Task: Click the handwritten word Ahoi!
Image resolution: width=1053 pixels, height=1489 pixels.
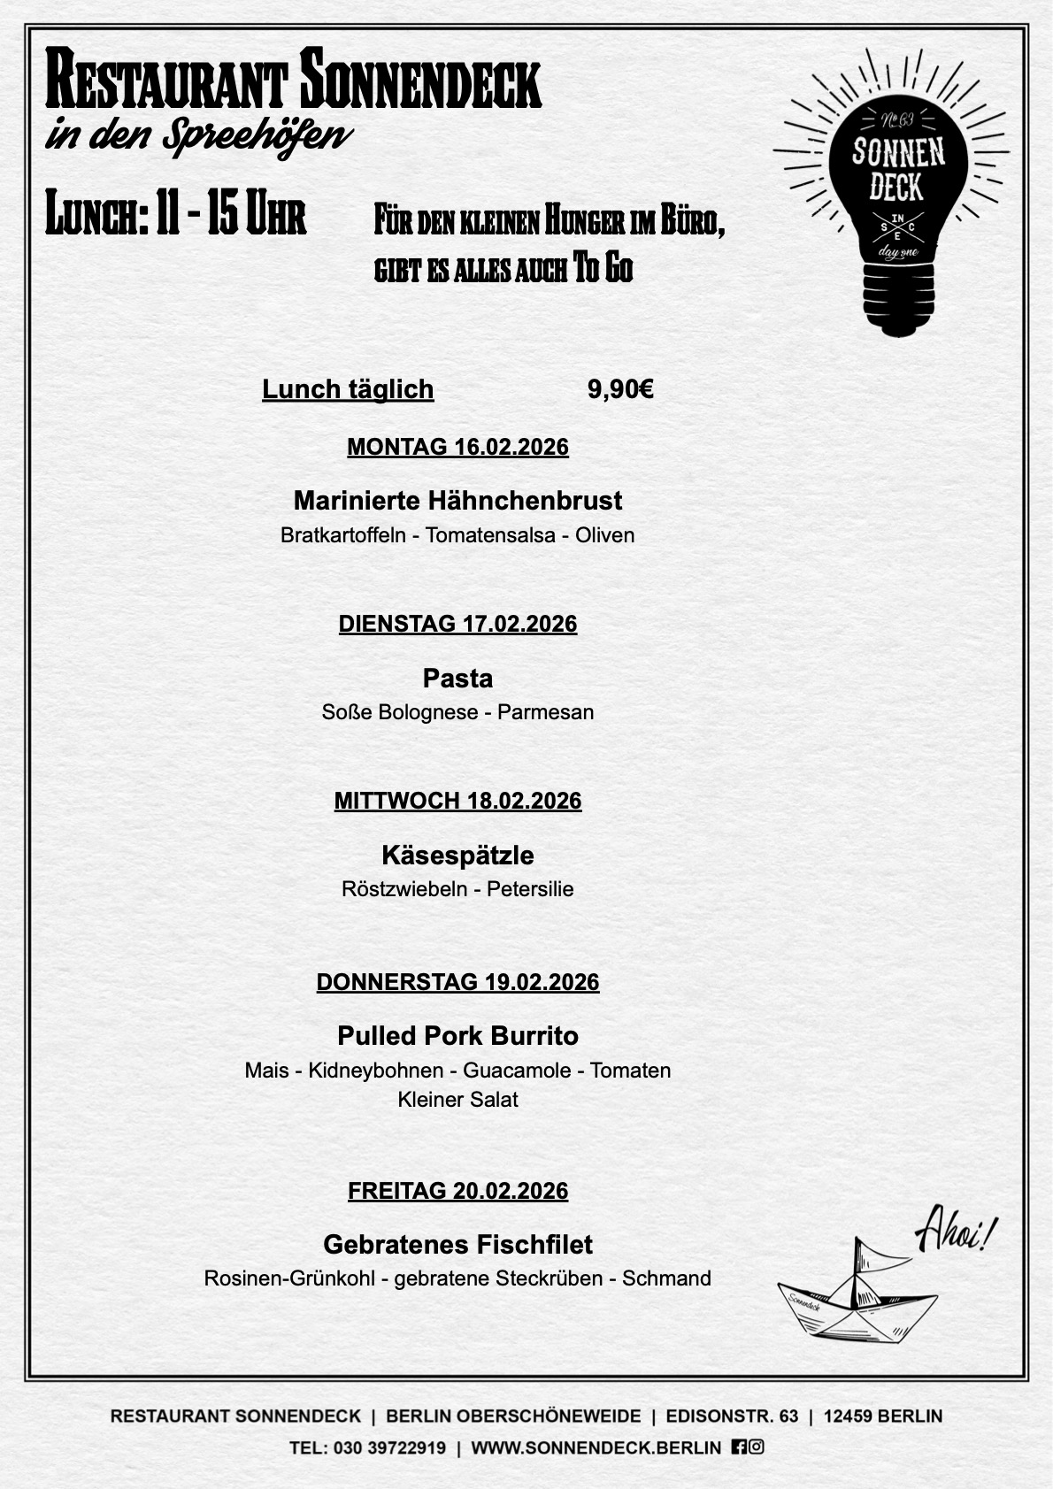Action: click(x=955, y=1232)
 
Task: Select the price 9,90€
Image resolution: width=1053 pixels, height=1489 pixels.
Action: click(x=620, y=389)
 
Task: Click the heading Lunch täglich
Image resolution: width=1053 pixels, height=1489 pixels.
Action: click(x=348, y=389)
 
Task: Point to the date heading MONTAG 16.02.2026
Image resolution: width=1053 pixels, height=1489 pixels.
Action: click(x=457, y=447)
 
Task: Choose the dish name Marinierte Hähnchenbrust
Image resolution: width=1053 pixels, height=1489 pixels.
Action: click(x=457, y=501)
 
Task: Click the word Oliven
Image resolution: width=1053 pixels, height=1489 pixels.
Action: click(x=604, y=535)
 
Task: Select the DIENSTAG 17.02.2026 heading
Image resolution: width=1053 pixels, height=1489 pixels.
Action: click(x=457, y=624)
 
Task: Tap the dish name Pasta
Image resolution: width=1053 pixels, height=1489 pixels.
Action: click(x=457, y=679)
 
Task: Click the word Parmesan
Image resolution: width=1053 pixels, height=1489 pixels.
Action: click(x=545, y=712)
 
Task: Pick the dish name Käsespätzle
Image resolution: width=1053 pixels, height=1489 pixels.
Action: click(x=457, y=856)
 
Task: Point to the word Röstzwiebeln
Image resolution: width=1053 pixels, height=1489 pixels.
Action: click(x=404, y=889)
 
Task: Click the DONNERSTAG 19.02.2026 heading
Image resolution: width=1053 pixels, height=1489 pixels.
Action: click(x=457, y=982)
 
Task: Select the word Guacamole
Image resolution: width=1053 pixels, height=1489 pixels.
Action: click(x=517, y=1071)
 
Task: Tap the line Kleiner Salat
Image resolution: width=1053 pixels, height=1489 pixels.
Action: click(x=457, y=1100)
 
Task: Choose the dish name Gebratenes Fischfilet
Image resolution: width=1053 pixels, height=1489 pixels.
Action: click(x=457, y=1245)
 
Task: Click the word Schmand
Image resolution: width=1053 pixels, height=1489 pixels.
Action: click(x=666, y=1278)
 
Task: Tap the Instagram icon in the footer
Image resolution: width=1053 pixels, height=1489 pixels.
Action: click(x=757, y=1447)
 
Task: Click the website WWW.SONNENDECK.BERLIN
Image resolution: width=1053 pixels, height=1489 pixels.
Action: click(x=596, y=1448)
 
